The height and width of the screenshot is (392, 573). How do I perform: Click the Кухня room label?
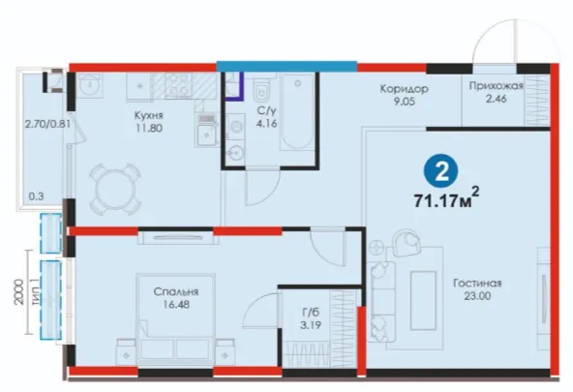coord(149,116)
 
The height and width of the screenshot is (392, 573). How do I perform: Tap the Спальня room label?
coord(176,292)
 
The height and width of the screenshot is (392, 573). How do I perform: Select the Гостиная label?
coord(477,284)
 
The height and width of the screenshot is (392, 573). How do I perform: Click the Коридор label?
coord(405,89)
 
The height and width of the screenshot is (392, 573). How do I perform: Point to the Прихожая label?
coord(497,86)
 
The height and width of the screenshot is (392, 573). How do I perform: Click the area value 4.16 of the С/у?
coord(266,124)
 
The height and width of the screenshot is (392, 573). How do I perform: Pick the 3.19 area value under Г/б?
coord(311,325)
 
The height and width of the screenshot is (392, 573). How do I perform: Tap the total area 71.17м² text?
coord(446,198)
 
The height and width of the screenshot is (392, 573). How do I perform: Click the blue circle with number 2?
coord(441,171)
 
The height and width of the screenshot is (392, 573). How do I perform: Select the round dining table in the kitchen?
coord(115,190)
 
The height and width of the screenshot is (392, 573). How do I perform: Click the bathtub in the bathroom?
coord(297,111)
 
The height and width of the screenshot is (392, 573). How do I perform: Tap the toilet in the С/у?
coord(261,91)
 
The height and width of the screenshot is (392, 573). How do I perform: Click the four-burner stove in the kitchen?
coord(178,86)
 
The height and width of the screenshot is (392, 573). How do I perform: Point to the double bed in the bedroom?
coord(176,318)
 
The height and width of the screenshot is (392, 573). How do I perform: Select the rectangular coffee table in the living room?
coord(424,300)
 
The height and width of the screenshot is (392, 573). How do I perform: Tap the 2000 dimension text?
coord(19,292)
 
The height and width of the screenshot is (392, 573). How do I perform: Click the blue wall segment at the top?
coord(286,66)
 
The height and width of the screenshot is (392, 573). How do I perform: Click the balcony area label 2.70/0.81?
coord(47,124)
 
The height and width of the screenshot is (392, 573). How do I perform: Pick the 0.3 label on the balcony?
coord(36,196)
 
